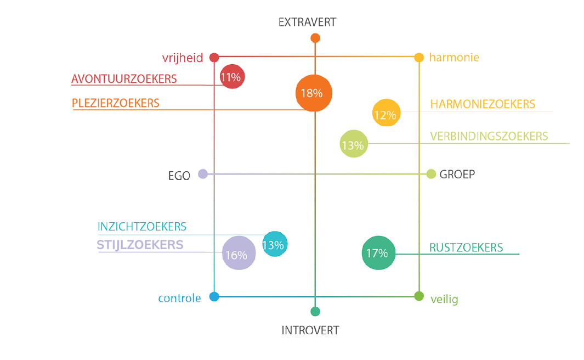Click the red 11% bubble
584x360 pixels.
(x=231, y=77)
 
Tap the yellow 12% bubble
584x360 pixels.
(x=385, y=114)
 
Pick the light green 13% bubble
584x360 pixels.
(x=354, y=144)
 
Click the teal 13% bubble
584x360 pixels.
(x=274, y=245)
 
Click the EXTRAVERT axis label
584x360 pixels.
(x=307, y=22)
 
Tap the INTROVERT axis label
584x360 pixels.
(x=310, y=330)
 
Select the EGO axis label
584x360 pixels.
(x=179, y=176)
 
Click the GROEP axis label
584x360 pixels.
(x=457, y=175)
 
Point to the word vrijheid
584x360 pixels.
(x=182, y=58)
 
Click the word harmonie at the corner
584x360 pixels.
(x=454, y=57)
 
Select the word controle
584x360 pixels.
(x=179, y=299)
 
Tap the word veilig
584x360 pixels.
(x=444, y=299)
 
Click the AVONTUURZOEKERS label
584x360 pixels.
(x=124, y=79)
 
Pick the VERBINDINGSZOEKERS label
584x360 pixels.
(x=489, y=136)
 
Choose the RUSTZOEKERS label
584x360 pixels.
(x=466, y=248)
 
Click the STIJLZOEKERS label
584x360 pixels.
(x=140, y=245)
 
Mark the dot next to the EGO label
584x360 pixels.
(x=202, y=174)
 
